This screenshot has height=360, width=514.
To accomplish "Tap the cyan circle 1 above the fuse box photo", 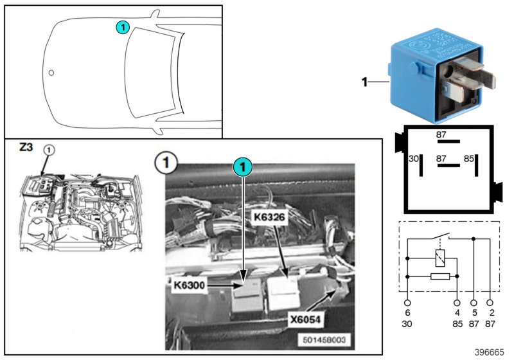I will coord(242,167).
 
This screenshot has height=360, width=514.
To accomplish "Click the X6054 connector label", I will coord(302,317).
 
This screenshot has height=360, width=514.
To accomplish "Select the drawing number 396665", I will coord(490,352).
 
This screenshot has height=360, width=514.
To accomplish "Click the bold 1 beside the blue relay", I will coord(364,82).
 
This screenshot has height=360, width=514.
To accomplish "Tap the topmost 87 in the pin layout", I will coord(441,134).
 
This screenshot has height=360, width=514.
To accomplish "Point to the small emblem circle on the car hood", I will coord(51,72).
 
